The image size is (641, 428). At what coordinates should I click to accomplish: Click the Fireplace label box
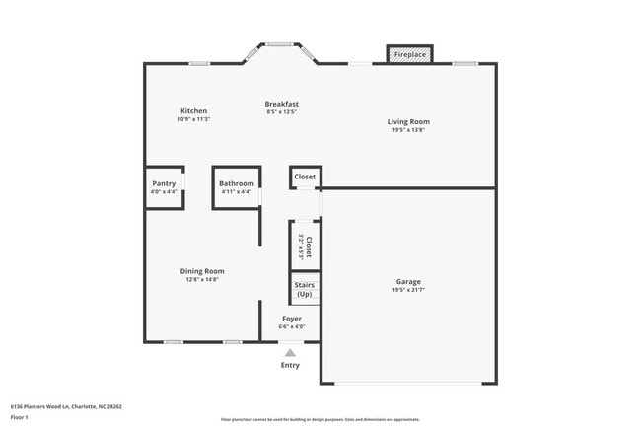[410, 54]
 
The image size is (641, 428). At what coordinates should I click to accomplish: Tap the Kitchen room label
[193, 110]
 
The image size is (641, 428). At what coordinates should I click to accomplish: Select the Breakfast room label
[281, 104]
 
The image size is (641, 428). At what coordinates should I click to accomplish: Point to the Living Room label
[407, 122]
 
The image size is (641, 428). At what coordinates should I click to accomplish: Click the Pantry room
[164, 186]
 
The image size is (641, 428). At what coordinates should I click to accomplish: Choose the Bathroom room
[237, 186]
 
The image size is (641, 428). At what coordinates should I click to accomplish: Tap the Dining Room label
[202, 271]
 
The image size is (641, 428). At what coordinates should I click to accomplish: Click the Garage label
[407, 282]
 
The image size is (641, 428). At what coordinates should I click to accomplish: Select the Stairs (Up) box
[304, 288]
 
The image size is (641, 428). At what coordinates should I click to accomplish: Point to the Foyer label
[292, 319]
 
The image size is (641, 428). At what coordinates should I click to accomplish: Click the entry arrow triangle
[290, 351]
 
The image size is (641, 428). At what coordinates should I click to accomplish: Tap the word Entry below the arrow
[290, 365]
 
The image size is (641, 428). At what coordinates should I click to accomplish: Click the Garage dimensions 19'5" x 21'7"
[407, 291]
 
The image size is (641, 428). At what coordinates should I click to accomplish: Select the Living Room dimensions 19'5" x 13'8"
[407, 130]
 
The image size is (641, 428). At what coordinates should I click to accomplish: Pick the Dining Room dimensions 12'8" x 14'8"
[202, 279]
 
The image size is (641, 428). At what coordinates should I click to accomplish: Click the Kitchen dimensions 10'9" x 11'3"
[193, 119]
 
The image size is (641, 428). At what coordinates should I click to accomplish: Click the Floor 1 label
[20, 417]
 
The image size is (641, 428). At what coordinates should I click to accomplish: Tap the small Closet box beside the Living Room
[305, 177]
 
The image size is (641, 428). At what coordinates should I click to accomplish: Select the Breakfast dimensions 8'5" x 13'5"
[281, 111]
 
